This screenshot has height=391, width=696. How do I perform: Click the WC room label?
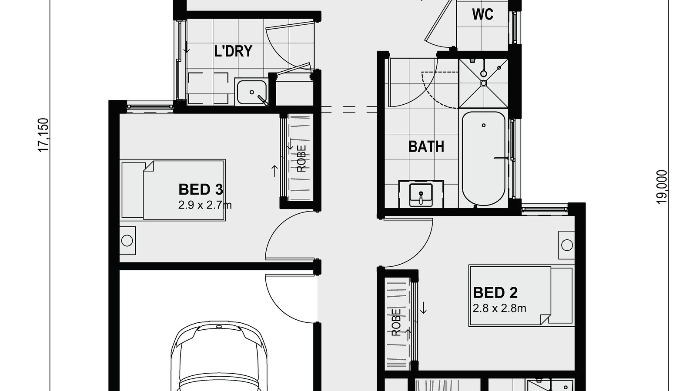click(482, 14)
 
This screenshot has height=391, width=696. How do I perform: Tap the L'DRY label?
click(233, 51)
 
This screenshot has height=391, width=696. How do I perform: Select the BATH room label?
click(426, 146)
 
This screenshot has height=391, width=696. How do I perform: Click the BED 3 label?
click(201, 189)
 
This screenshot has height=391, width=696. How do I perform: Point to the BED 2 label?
click(495, 293)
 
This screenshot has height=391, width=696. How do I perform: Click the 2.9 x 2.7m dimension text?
click(204, 205)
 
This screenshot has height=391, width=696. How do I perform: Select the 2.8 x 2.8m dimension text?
click(499, 308)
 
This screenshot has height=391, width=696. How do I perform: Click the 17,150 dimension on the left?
click(43, 135)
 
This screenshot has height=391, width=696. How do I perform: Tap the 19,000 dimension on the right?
click(662, 186)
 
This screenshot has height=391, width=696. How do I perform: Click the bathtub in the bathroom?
click(483, 159)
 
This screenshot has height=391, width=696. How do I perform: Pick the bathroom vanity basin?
click(421, 194)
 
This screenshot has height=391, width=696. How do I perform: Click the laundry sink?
click(251, 92)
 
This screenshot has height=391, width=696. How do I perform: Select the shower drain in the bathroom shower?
click(483, 83)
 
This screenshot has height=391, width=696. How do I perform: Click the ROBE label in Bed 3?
click(301, 158)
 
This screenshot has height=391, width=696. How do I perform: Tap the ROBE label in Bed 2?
click(396, 322)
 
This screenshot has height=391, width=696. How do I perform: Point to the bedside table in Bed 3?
click(127, 240)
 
